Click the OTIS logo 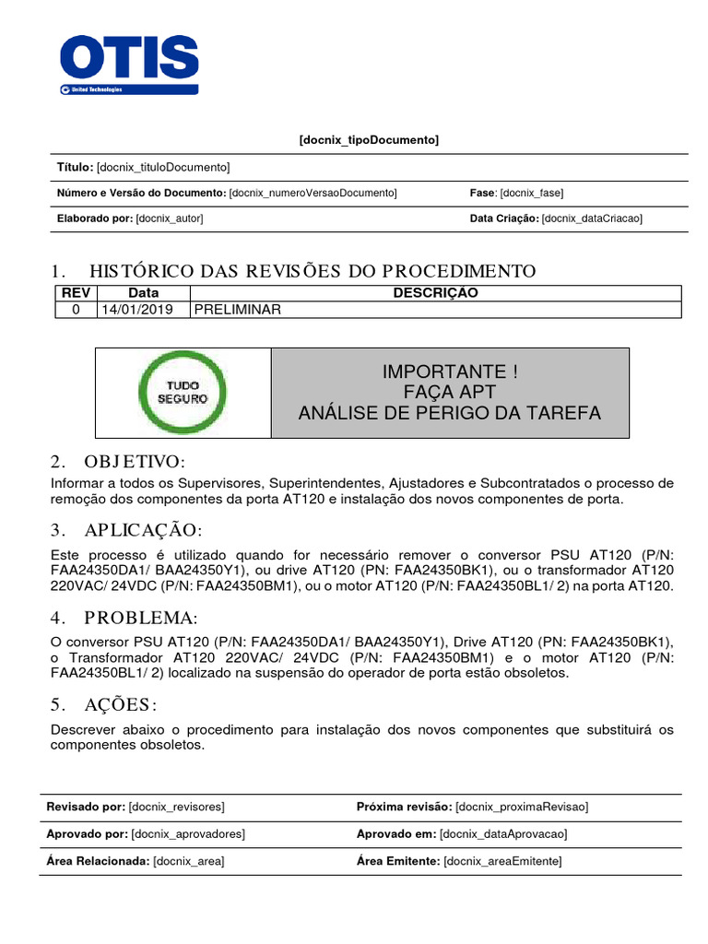click(128, 64)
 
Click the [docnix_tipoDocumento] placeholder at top click(369, 139)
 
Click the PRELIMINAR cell click(237, 310)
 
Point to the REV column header click(76, 293)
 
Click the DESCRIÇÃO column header click(435, 293)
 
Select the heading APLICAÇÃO click(142, 530)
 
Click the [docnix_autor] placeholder click(169, 218)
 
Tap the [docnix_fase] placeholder click(532, 193)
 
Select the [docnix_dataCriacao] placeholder click(592, 218)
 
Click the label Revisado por click(86, 807)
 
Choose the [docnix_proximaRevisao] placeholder click(522, 807)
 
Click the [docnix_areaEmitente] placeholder click(502, 861)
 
